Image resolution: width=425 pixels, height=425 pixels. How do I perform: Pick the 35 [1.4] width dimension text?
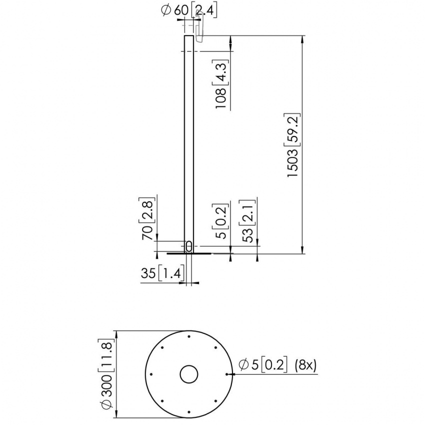pos(163,273)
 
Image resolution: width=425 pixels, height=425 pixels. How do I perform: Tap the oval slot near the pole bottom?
pos(189,246)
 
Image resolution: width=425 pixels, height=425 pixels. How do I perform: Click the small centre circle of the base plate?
pos(189,374)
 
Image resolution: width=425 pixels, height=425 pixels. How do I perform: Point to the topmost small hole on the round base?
pos(189,336)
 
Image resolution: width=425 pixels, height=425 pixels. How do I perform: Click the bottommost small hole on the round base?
pos(189,411)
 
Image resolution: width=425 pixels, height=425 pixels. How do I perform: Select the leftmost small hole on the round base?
pos(151,374)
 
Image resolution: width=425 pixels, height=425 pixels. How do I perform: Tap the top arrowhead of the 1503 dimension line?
pos(303,38)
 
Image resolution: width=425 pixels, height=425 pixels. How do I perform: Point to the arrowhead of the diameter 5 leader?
pos(229,374)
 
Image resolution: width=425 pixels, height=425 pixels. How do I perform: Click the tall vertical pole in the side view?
pos(189,140)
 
